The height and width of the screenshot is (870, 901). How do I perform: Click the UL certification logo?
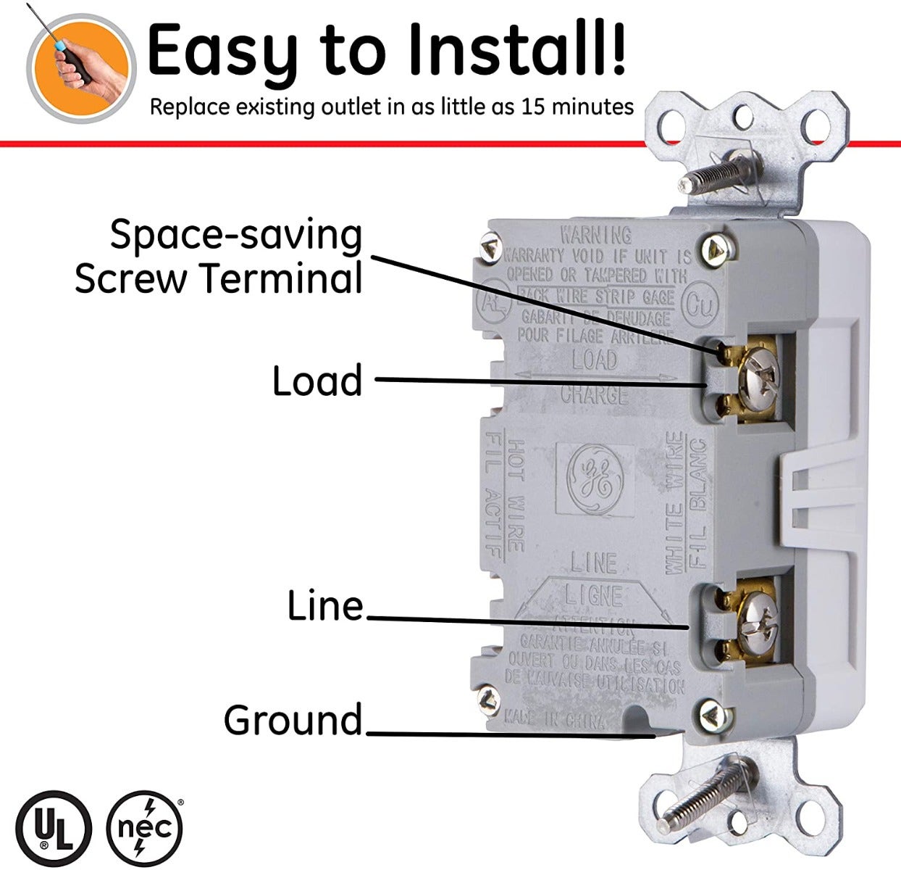(54, 829)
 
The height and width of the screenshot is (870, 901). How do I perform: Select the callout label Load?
(317, 381)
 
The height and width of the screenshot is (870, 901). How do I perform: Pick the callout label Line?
(324, 605)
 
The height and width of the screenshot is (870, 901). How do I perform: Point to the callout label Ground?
(293, 720)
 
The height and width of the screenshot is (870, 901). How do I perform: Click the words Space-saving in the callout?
(235, 236)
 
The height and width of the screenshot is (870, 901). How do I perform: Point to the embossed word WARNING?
(596, 236)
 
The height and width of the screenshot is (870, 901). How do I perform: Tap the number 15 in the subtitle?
(533, 107)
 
